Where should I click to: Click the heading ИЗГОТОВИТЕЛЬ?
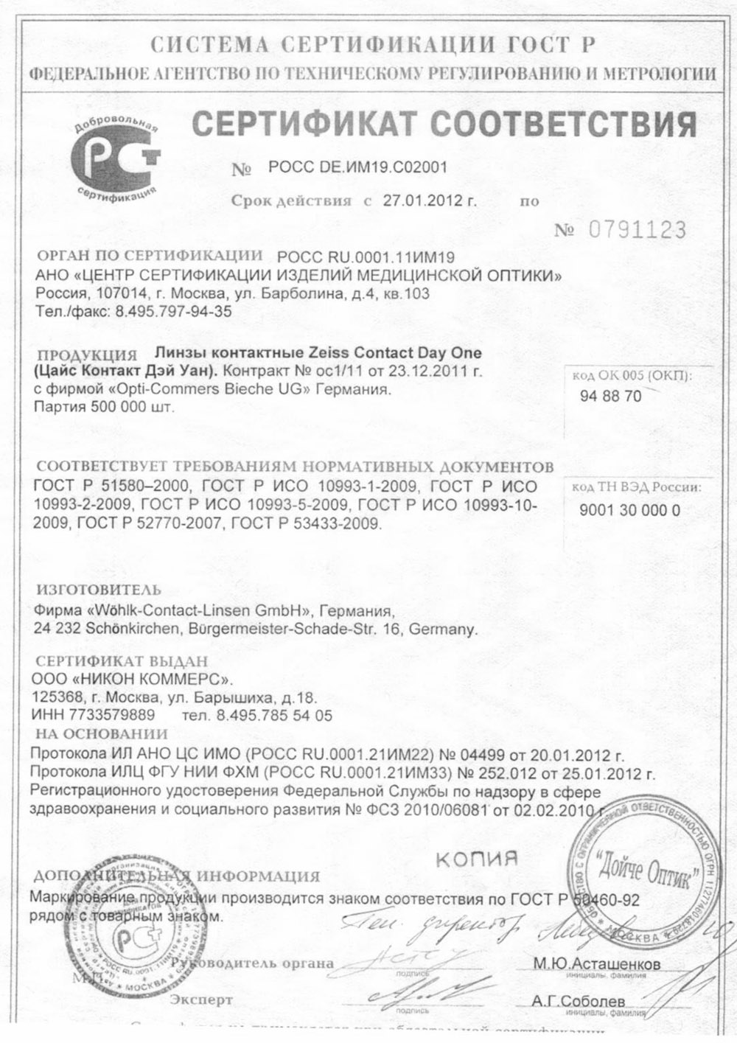[x=98, y=590]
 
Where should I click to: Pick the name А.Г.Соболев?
[x=578, y=1001]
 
